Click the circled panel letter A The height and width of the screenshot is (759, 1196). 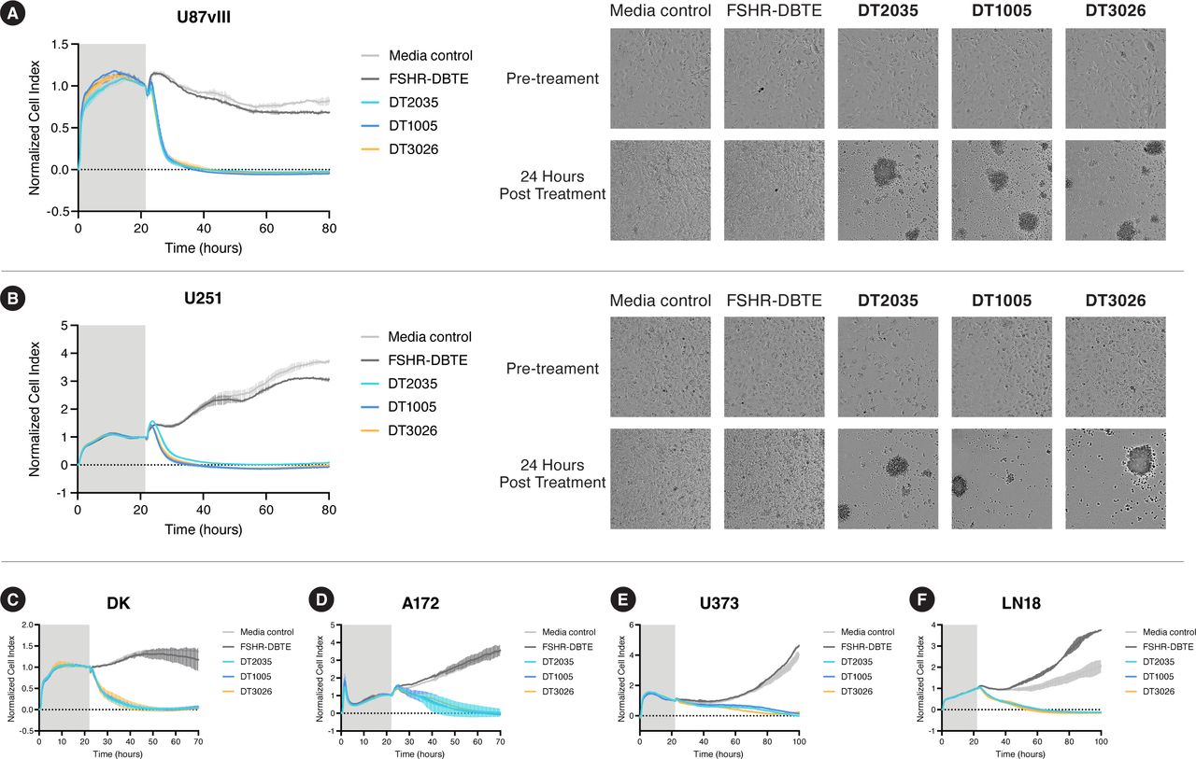[x=16, y=17]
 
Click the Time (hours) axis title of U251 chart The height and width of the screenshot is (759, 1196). [x=203, y=529]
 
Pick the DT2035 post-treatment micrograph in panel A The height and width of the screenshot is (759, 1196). [x=888, y=190]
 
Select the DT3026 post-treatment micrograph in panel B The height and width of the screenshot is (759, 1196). [x=1116, y=478]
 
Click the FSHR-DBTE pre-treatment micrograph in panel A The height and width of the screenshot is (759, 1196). [x=774, y=78]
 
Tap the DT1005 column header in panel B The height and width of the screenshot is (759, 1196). [x=1001, y=301]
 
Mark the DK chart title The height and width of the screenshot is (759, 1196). [x=119, y=603]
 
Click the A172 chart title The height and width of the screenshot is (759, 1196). [x=423, y=603]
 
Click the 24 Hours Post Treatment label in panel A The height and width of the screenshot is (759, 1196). [x=552, y=185]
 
